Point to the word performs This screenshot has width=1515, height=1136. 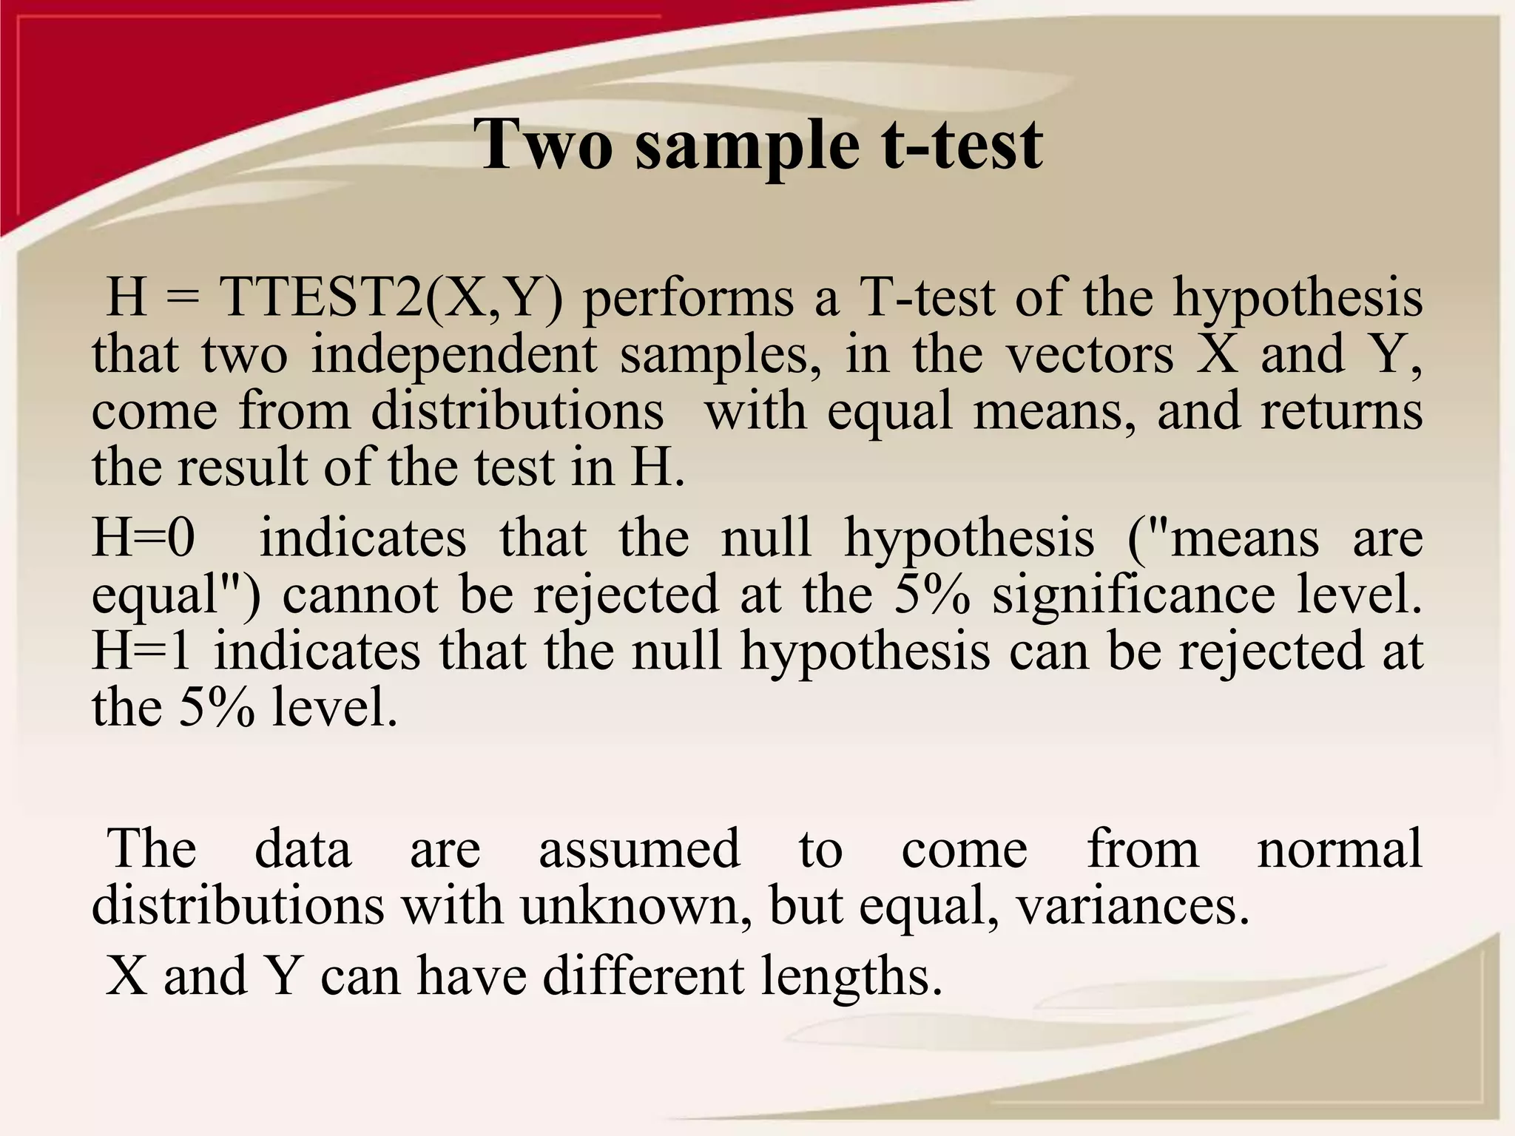pos(689,299)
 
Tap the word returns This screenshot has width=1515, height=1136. pos(1341,411)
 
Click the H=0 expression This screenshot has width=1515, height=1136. pos(144,537)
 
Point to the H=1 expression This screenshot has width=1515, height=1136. pos(144,651)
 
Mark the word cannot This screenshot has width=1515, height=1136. pos(361,594)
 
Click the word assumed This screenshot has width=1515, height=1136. pos(639,848)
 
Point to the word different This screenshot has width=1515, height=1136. pos(643,976)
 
